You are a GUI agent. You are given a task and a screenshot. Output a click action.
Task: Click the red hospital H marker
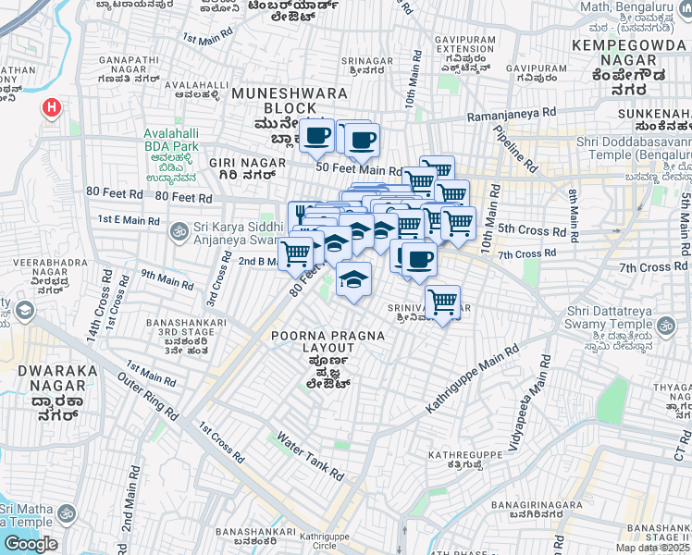(x=52, y=108)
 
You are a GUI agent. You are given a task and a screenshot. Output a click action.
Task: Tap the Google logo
(x=31, y=544)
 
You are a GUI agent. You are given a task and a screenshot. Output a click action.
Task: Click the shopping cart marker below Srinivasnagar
(x=443, y=302)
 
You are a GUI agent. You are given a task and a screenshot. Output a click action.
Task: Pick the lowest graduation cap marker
(x=352, y=279)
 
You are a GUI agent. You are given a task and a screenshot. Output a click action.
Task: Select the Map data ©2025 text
(x=653, y=548)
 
